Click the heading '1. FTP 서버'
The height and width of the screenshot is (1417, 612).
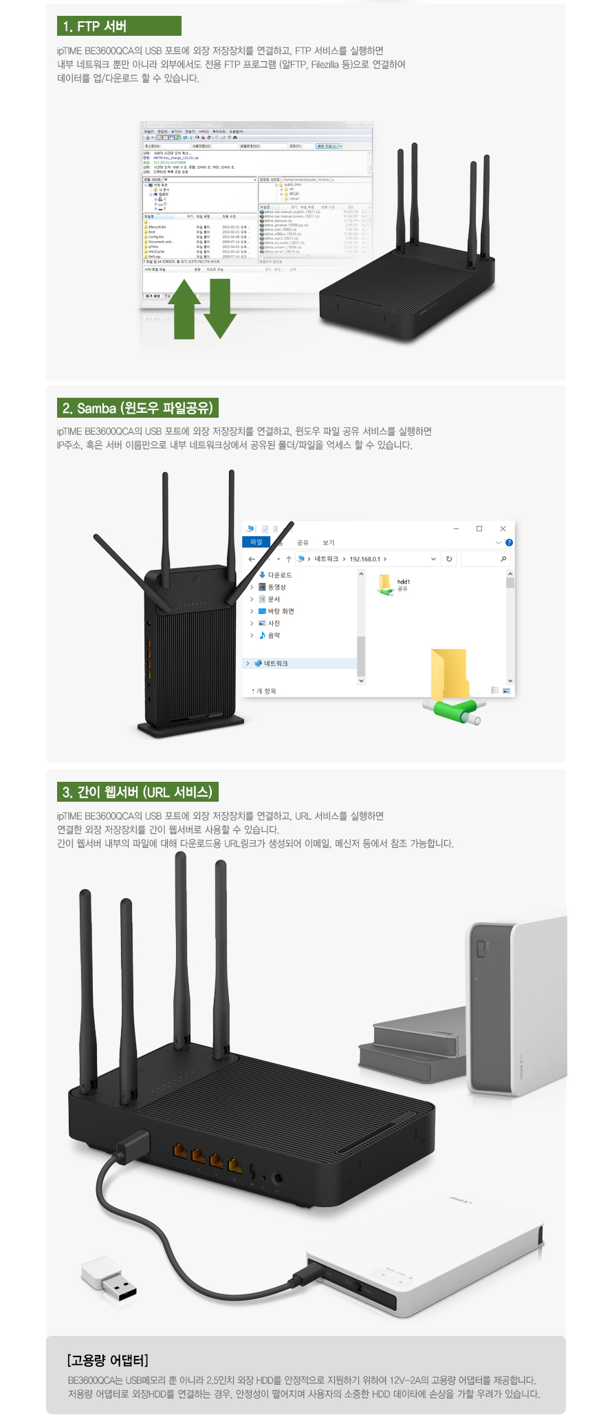[118, 26]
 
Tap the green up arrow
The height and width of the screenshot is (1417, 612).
[184, 310]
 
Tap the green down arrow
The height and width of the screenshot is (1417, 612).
[220, 308]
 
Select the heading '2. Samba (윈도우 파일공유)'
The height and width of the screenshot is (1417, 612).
[138, 408]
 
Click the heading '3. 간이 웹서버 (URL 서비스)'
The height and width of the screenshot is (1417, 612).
[138, 792]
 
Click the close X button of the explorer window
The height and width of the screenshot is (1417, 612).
[503, 529]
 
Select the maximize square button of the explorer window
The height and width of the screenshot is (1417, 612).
[479, 529]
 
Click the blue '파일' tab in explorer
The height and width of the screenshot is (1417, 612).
[256, 542]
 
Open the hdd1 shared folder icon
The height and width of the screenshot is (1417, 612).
[385, 584]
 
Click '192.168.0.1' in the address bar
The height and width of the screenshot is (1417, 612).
[364, 559]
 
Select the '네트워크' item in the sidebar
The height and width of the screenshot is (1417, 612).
[275, 663]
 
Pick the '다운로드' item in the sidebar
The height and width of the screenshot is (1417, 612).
[279, 575]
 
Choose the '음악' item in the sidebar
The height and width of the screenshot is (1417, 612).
[274, 635]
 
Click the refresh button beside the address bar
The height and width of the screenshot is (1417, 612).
[449, 559]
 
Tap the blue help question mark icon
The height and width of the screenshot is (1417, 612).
[509, 542]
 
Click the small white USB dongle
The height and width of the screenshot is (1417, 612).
[109, 1279]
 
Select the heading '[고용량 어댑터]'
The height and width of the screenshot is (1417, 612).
[108, 1360]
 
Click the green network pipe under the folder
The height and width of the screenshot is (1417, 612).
[454, 710]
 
